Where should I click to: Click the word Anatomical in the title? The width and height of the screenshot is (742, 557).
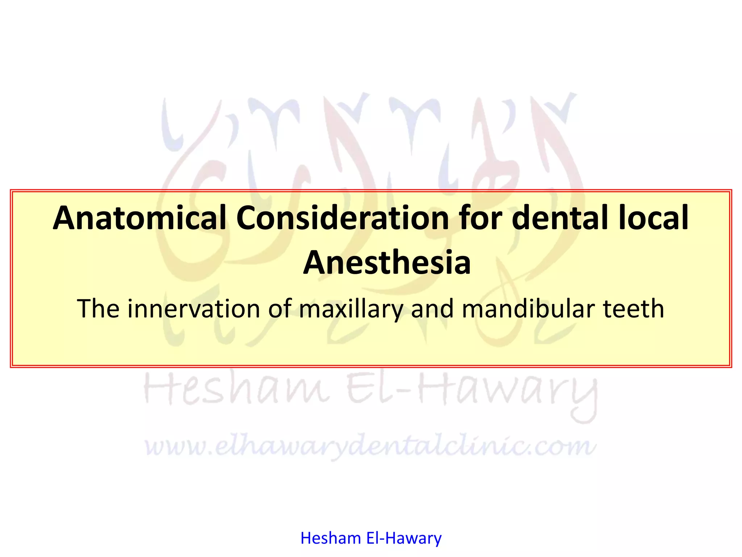pyautogui.click(x=139, y=218)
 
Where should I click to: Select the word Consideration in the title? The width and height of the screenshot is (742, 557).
pyautogui.click(x=342, y=218)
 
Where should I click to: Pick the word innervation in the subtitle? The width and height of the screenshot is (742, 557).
pyautogui.click(x=194, y=309)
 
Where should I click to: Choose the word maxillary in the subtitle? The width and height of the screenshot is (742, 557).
pyautogui.click(x=351, y=309)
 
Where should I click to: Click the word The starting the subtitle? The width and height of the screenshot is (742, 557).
pyautogui.click(x=98, y=309)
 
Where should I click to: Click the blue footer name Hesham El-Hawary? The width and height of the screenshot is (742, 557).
pyautogui.click(x=371, y=538)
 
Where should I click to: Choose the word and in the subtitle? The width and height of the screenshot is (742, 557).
pyautogui.click(x=432, y=309)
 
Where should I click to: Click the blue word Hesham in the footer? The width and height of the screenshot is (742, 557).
pyautogui.click(x=331, y=538)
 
